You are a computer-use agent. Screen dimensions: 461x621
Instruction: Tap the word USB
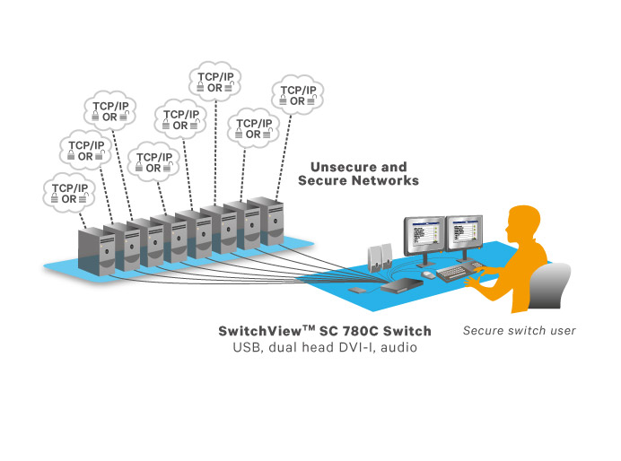(x=246, y=346)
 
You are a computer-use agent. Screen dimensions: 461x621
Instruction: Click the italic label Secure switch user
(x=519, y=330)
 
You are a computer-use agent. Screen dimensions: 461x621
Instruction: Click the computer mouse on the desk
(x=428, y=274)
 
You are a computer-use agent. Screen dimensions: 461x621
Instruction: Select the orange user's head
(x=524, y=224)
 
